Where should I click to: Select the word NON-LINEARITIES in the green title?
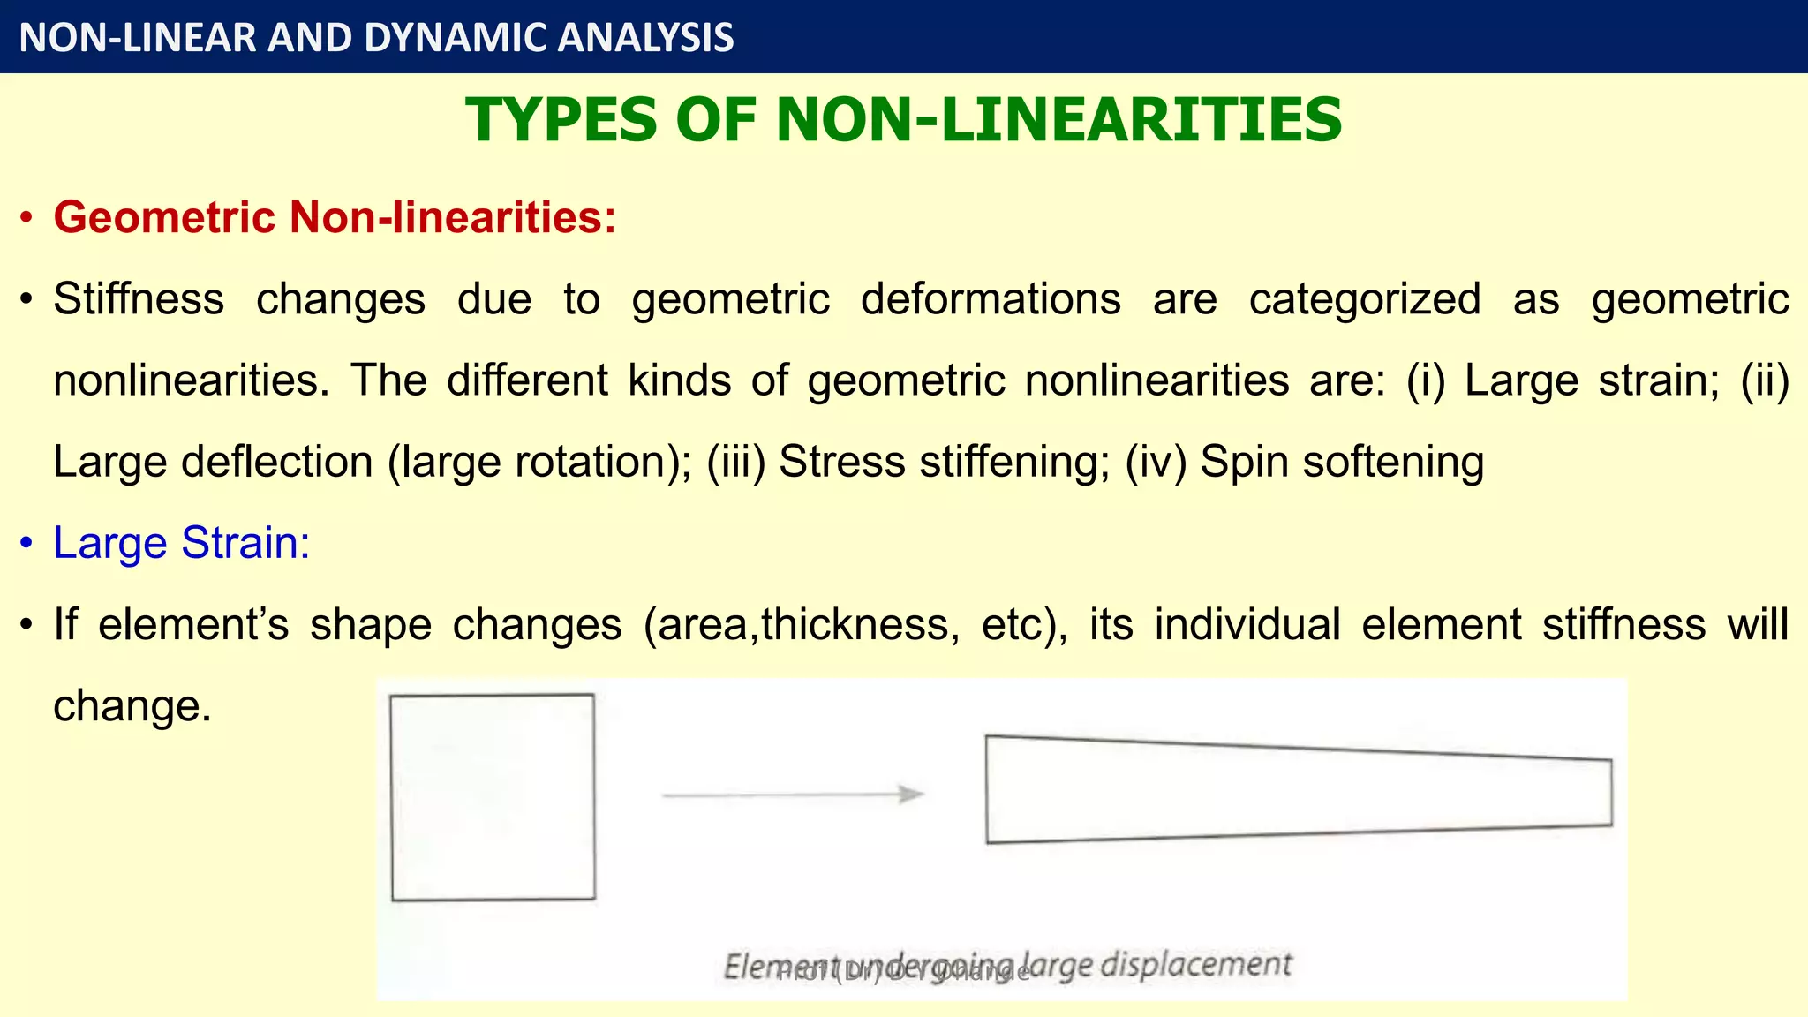(1058, 120)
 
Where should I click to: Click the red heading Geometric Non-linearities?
(335, 217)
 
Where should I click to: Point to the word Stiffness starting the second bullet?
(139, 298)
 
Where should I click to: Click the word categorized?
(1364, 298)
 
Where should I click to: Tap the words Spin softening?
(1342, 462)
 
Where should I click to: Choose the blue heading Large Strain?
(181, 542)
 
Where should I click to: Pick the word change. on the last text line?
(132, 706)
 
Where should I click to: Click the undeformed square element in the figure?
(493, 797)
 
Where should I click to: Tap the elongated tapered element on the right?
(1298, 790)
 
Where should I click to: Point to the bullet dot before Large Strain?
(27, 543)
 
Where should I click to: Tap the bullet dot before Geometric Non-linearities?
(27, 218)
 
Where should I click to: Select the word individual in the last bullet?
(1247, 624)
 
